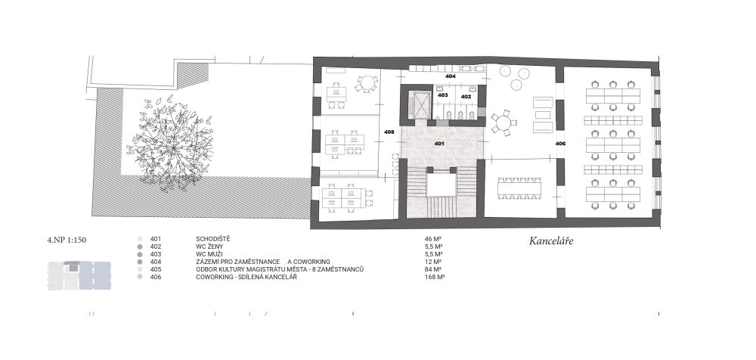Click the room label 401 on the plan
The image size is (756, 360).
438,144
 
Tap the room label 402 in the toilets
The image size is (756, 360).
466,97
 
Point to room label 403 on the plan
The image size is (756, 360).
442,95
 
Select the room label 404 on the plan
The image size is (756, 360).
451,76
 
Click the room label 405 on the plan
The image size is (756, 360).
389,132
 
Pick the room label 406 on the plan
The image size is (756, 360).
560,144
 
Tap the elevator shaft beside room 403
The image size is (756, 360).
418,104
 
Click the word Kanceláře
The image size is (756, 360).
551,241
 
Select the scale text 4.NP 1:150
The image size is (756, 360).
67,239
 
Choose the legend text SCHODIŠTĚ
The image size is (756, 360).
213,239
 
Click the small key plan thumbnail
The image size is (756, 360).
79,275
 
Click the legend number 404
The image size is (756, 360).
156,262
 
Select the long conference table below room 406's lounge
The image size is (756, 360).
519,188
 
